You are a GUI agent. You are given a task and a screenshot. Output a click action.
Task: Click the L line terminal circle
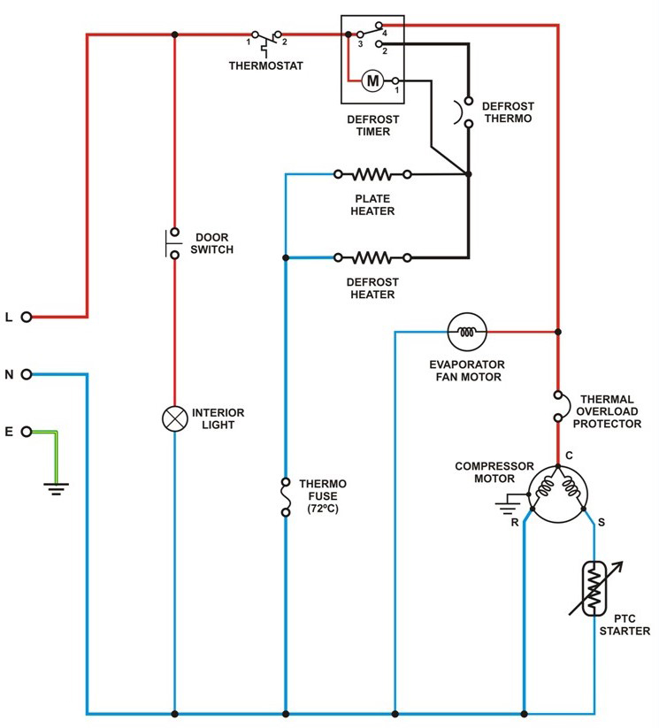point(27,317)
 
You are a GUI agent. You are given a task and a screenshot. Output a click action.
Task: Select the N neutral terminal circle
point(27,374)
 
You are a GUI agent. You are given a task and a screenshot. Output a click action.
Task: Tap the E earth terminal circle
point(27,432)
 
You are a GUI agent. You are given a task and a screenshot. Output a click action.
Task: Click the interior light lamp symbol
point(174,418)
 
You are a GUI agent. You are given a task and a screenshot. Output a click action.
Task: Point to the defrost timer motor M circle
point(372,80)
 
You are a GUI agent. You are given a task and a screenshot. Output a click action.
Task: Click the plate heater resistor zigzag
point(372,174)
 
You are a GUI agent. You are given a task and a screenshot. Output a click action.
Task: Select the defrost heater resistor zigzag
point(372,257)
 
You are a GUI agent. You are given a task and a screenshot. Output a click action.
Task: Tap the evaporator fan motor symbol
point(467,332)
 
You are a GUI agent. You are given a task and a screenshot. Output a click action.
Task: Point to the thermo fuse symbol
point(286,497)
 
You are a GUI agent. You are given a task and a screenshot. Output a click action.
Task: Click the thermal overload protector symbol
point(562,407)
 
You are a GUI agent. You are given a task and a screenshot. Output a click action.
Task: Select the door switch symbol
point(172,243)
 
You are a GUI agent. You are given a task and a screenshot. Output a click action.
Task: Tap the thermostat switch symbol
point(266,40)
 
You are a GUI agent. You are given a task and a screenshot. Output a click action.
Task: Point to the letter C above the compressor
point(569,455)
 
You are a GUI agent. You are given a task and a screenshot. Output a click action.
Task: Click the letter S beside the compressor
point(602,522)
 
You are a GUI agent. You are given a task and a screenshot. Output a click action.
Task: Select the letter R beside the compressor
point(515,523)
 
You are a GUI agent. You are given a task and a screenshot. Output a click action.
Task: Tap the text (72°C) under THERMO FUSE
point(323,509)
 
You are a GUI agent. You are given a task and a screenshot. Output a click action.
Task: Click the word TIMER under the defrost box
point(373,132)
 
